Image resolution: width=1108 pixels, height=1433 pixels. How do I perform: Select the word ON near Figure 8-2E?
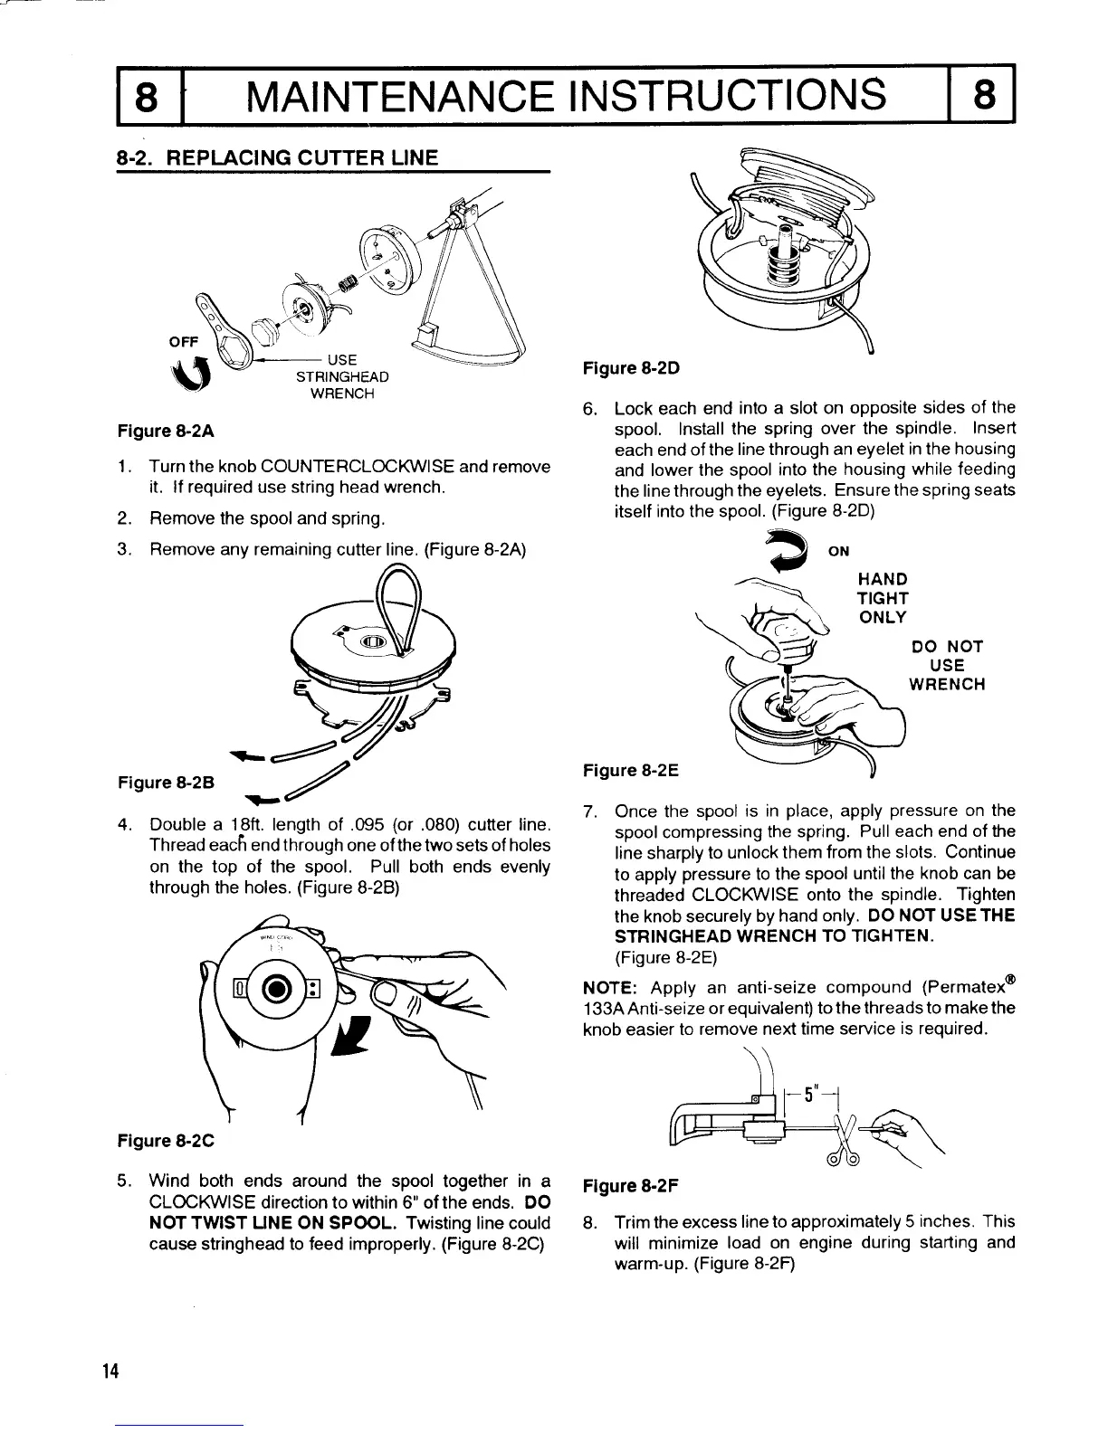point(838,552)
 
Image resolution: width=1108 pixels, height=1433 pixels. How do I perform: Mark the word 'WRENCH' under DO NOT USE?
point(946,684)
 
